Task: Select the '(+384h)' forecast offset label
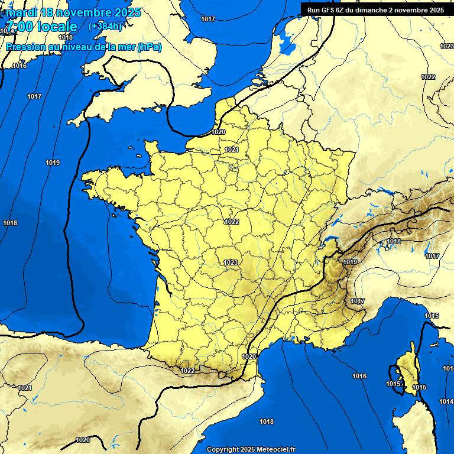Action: (105, 27)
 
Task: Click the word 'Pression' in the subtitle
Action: (25, 47)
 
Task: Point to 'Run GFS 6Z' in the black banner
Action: (327, 9)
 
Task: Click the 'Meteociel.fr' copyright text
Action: (272, 449)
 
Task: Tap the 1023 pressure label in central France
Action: (231, 262)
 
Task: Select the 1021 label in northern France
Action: (231, 150)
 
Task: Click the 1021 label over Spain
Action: (24, 388)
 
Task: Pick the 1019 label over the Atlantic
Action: (53, 163)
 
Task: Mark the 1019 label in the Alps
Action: (350, 262)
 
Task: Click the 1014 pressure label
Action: (446, 402)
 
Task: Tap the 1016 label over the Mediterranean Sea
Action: (359, 376)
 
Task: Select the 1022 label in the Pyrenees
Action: (188, 371)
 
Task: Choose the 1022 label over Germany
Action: (428, 77)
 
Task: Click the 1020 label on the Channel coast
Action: (218, 132)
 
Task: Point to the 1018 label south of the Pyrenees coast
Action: (267, 421)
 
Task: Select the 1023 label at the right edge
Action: (446, 46)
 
